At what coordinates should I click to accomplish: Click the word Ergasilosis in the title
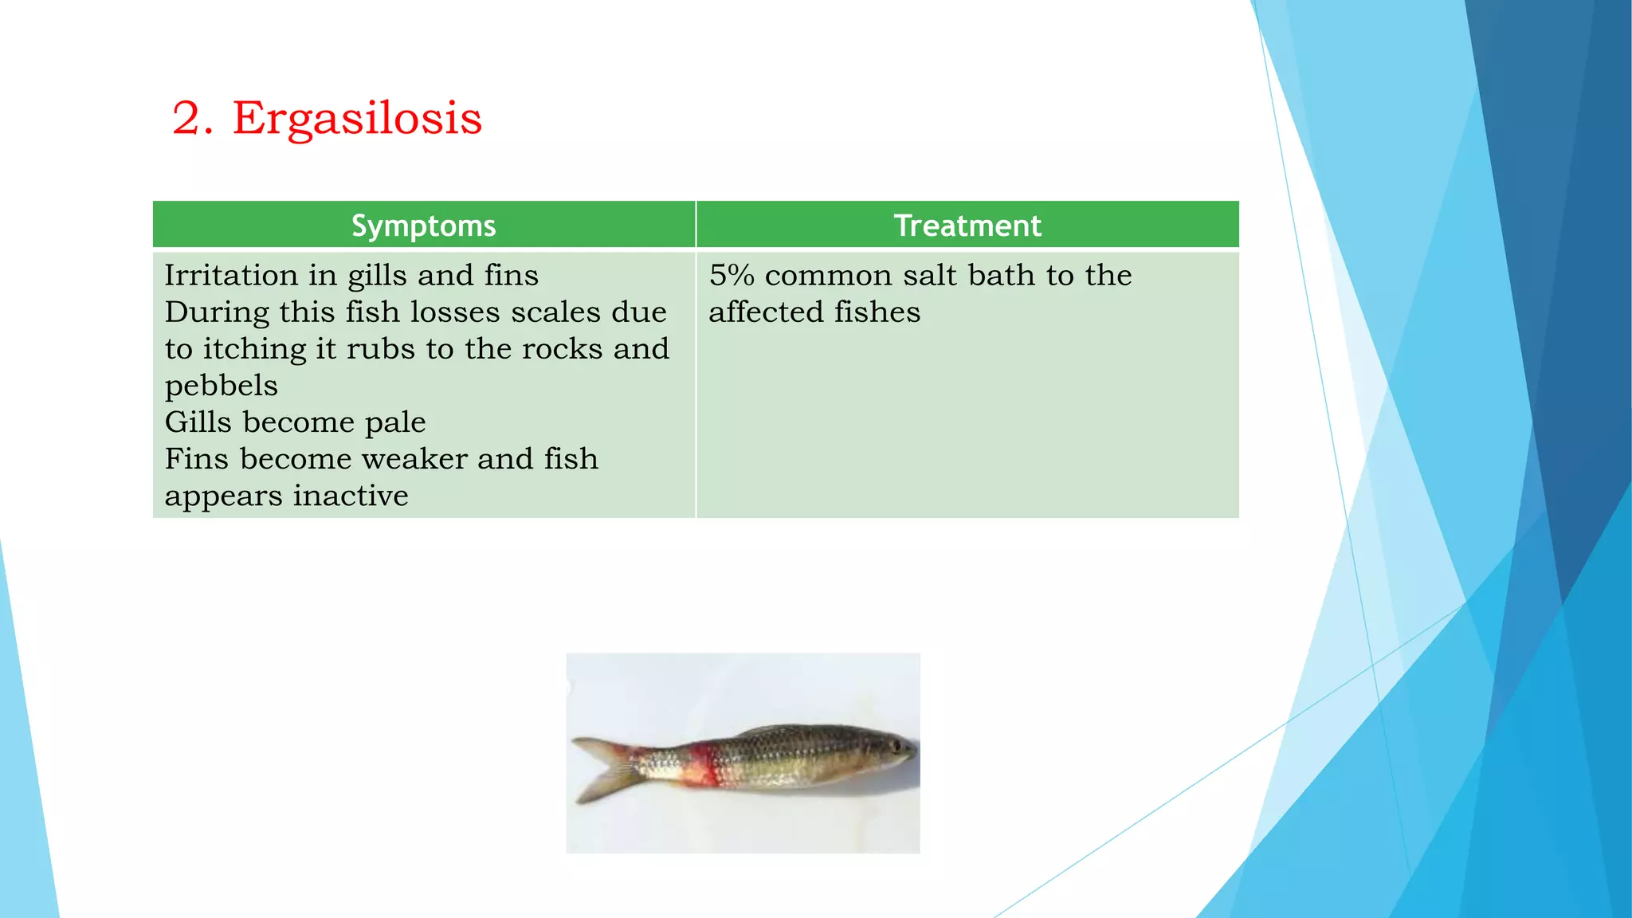[x=357, y=120]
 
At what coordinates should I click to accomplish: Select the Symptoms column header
[x=423, y=226]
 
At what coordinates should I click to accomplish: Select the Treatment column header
[x=967, y=226]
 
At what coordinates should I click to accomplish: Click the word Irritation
[x=231, y=276]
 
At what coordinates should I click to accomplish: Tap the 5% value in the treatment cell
[x=731, y=276]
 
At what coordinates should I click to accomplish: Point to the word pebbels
[x=221, y=386]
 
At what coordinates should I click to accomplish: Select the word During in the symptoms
[x=217, y=312]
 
